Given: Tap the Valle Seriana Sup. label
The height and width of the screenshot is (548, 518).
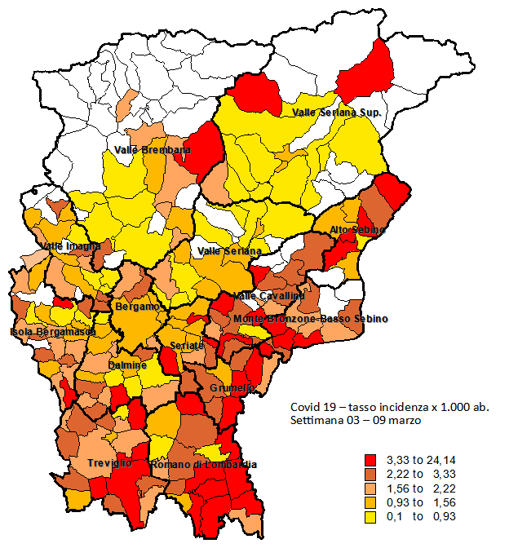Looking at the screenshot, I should point(336,112).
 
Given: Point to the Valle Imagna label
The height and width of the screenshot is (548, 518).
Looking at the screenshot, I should point(70,245).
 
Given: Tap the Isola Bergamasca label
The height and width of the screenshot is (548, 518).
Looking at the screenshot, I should point(53,332).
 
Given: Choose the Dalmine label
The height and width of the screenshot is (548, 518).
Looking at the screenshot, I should point(127,366).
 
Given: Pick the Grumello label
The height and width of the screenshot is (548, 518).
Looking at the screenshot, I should point(232,388).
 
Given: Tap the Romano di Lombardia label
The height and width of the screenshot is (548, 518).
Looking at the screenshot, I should point(204,465).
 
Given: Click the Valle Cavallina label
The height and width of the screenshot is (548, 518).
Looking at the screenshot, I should point(269,295).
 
